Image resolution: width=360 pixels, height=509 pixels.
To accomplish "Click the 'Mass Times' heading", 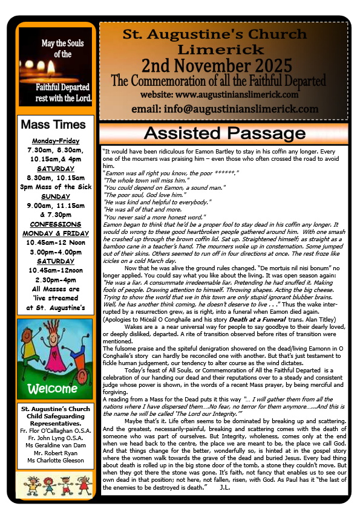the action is click(53, 125).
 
